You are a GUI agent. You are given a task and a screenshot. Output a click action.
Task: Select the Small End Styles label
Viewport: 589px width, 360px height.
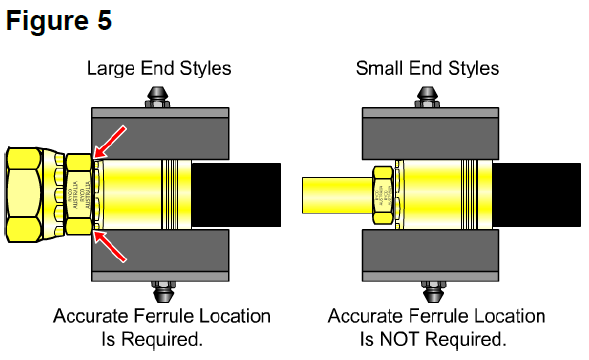pyautogui.click(x=428, y=69)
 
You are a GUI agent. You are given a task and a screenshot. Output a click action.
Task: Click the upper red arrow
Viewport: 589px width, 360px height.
pyautogui.click(x=110, y=140)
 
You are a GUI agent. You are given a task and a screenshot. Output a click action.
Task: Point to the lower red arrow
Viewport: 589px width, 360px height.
pyautogui.click(x=110, y=244)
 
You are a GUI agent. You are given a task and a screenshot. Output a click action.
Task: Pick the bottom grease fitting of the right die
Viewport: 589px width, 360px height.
pyautogui.click(x=428, y=291)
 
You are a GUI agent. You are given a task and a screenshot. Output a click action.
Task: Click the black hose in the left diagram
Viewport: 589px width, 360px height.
pyautogui.click(x=239, y=194)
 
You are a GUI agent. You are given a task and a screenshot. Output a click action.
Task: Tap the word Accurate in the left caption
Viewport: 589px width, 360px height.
pyautogui.click(x=90, y=317)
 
